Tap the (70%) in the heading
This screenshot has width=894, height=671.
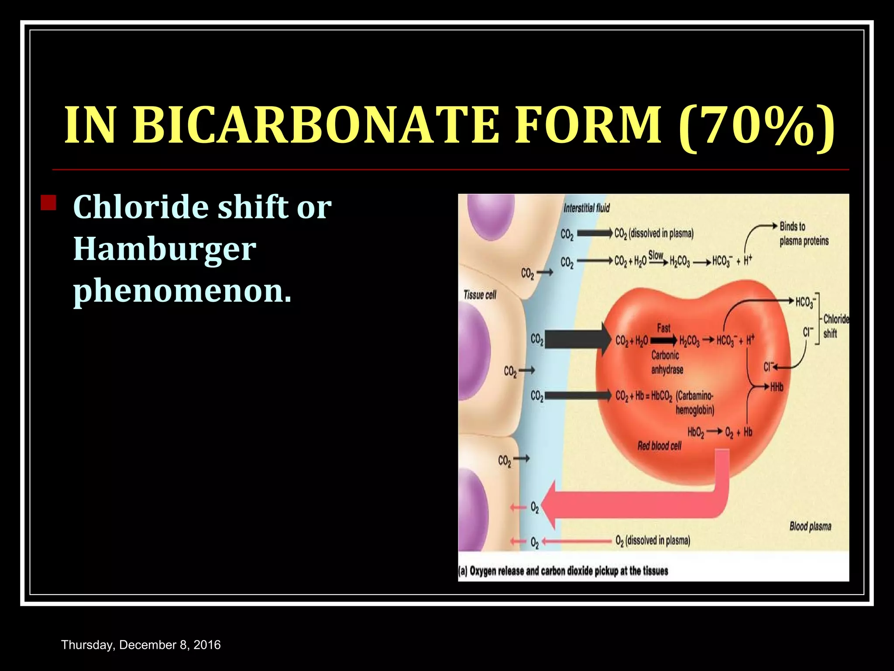pyautogui.click(x=756, y=127)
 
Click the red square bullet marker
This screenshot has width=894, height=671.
pyautogui.click(x=48, y=203)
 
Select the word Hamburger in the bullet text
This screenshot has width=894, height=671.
pyautogui.click(x=165, y=249)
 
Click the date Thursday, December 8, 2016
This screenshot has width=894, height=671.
pyautogui.click(x=141, y=645)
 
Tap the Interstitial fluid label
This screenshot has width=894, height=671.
pyautogui.click(x=586, y=208)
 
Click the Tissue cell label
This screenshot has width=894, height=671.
pyautogui.click(x=480, y=295)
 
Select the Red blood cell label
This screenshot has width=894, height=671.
pyautogui.click(x=659, y=446)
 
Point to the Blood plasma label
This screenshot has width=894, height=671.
pyautogui.click(x=810, y=526)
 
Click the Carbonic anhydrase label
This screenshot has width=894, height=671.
pyautogui.click(x=667, y=363)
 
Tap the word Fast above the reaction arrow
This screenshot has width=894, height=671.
pyautogui.click(x=664, y=328)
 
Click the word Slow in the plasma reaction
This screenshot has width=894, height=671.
pyautogui.click(x=656, y=255)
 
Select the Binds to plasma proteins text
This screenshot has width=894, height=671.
pyautogui.click(x=804, y=234)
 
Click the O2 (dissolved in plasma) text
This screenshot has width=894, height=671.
pyautogui.click(x=653, y=541)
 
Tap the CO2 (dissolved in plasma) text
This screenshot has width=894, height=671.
pyautogui.click(x=653, y=234)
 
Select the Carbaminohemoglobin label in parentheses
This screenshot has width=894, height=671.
pyautogui.click(x=695, y=403)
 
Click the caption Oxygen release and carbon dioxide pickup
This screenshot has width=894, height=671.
pyautogui.click(x=563, y=571)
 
